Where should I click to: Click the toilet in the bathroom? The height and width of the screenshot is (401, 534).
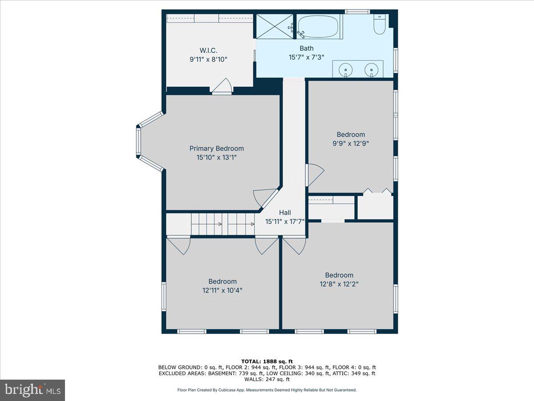(380, 25)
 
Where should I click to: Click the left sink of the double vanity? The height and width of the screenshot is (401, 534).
(346, 70)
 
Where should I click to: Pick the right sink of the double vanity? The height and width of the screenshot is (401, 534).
(371, 70)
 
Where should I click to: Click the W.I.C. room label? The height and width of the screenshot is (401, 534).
(208, 50)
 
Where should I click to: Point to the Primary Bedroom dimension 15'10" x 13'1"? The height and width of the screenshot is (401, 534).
(216, 157)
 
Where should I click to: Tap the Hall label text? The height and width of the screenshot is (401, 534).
(285, 213)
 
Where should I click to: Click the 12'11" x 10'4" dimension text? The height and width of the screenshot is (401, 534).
(222, 290)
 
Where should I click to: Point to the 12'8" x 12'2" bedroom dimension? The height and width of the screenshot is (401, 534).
(339, 283)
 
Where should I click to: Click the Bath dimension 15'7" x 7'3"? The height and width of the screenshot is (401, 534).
(306, 57)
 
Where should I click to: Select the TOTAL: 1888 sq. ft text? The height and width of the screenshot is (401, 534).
(267, 361)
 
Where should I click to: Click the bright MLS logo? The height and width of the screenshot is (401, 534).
(32, 390)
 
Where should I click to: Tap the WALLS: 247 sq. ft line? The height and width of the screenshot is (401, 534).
(267, 379)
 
